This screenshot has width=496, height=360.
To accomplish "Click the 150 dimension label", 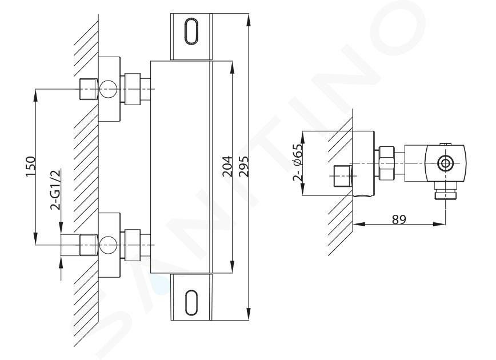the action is [x=31, y=167].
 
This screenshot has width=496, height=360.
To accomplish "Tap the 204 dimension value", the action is [x=227, y=166].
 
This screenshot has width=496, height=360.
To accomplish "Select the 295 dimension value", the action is [x=243, y=166].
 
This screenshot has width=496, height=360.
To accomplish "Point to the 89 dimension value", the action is [x=399, y=219].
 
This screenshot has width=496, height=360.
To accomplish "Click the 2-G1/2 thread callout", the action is [x=55, y=190].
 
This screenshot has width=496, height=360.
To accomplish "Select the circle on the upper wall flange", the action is [x=108, y=89].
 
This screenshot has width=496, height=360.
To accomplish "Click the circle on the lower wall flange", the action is [x=108, y=245].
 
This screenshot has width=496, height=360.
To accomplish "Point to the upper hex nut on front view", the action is [x=133, y=89].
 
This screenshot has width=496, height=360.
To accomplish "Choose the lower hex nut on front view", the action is [x=133, y=245].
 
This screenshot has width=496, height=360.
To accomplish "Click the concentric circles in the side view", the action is [x=446, y=163].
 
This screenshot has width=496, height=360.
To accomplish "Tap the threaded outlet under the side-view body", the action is [x=446, y=191].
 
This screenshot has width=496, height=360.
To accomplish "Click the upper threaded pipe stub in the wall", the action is [x=88, y=89].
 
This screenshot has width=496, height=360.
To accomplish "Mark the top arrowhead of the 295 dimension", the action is [x=249, y=19].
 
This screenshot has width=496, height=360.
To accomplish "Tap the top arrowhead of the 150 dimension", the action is [x=35, y=95].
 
